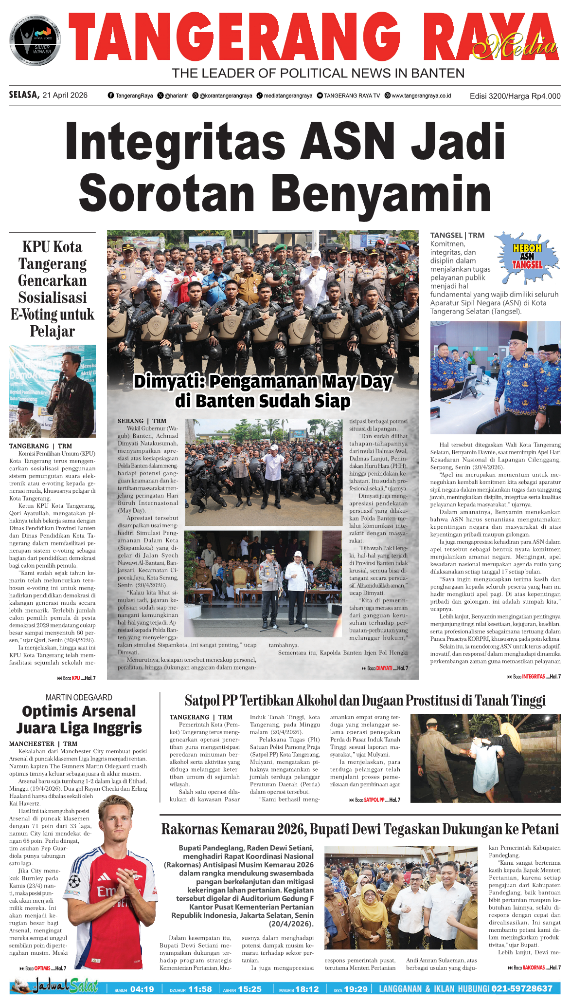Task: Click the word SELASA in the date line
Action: coord(24,95)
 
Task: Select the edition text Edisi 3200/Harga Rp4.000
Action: coord(515,96)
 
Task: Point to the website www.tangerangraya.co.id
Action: coord(421,96)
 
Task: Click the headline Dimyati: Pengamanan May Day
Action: coord(263,381)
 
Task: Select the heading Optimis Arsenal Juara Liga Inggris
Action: coord(79,720)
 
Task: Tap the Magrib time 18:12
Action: coord(306,989)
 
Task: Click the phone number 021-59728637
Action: coord(522,988)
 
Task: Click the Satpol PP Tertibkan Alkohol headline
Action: coord(365,701)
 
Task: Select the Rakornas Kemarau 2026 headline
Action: coord(360,829)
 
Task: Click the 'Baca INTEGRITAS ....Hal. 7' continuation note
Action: coord(534,676)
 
